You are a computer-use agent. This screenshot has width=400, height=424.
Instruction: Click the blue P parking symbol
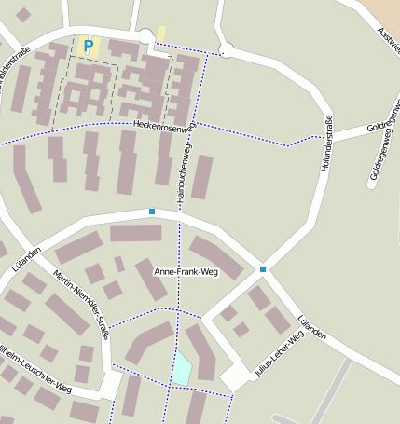point(89,45)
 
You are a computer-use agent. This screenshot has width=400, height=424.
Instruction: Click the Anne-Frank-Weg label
point(185,272)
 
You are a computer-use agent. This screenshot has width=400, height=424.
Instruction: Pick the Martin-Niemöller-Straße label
point(83,303)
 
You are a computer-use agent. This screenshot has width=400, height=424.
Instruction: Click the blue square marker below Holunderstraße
point(263,269)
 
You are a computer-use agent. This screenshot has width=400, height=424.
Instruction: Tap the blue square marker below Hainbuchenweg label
point(152,212)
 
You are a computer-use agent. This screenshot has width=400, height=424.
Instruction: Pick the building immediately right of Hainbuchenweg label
point(202,177)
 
